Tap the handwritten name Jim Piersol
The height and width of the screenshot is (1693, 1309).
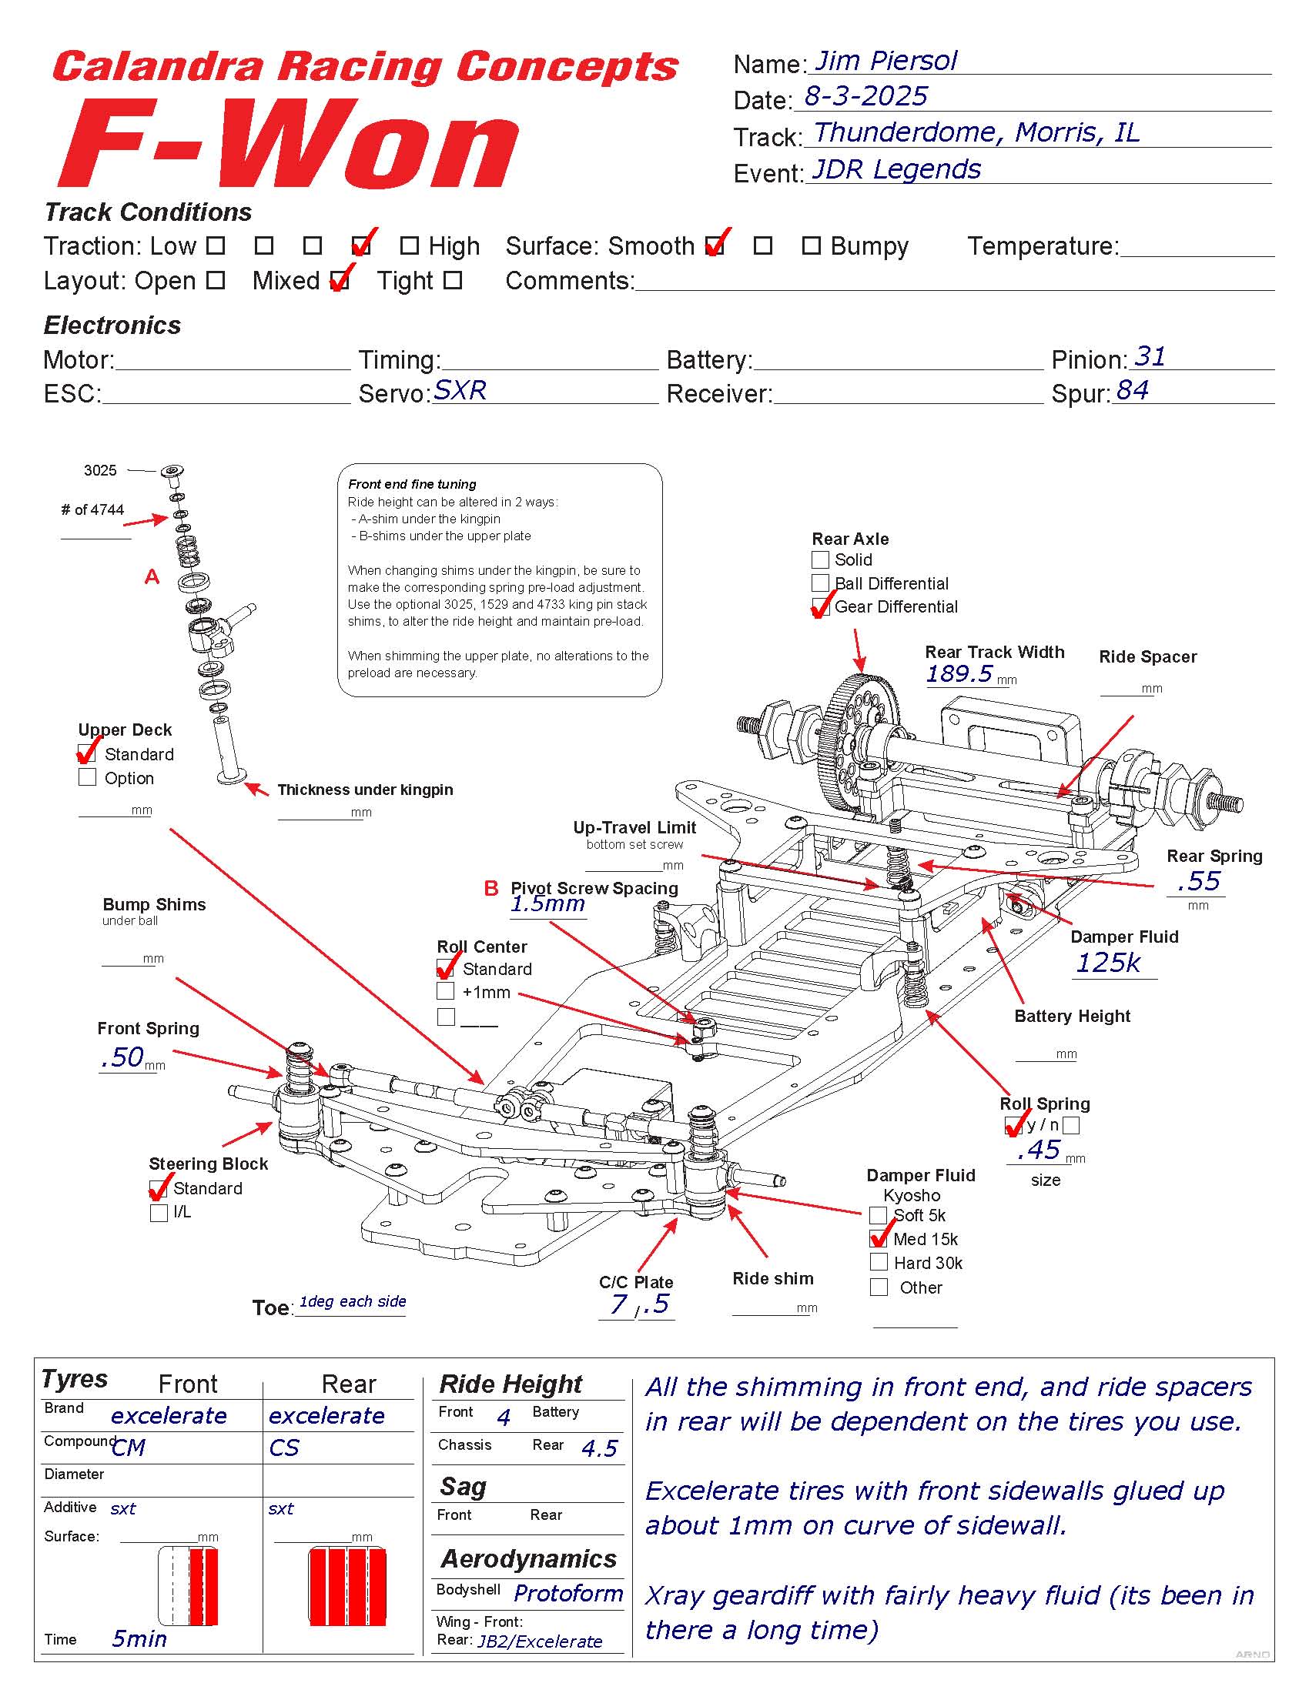click(x=885, y=61)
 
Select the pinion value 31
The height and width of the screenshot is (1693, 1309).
click(x=1150, y=356)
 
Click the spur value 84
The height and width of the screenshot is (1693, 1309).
click(x=1132, y=390)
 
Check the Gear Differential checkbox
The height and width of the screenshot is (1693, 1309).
click(x=820, y=606)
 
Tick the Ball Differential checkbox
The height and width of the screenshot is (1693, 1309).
click(x=820, y=583)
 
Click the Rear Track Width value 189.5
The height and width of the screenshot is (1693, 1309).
click(x=959, y=673)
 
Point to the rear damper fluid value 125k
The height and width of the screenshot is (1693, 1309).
click(x=1108, y=963)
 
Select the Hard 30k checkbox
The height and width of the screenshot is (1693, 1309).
click(x=879, y=1263)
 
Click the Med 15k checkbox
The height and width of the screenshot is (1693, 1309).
click(x=879, y=1239)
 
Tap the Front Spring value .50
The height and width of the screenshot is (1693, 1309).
click(x=122, y=1057)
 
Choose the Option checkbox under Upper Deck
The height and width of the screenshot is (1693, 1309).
click(x=87, y=776)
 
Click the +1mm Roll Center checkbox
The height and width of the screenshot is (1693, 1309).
click(x=445, y=991)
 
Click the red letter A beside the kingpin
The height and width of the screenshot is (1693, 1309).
click(x=152, y=576)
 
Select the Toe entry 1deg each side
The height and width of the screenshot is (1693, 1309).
click(x=353, y=1301)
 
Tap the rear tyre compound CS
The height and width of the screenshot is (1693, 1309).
click(x=284, y=1448)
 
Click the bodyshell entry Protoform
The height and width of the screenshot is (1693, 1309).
click(x=568, y=1594)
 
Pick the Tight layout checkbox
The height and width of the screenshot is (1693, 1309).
click(x=453, y=280)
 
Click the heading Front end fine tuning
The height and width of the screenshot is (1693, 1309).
click(x=412, y=484)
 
